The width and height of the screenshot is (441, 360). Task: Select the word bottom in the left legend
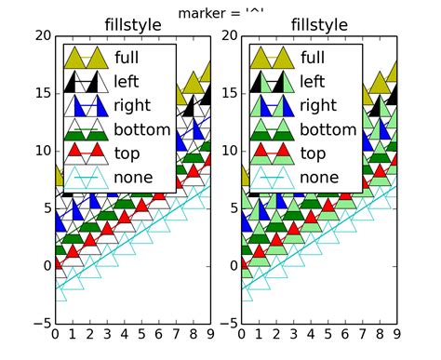tap(142, 129)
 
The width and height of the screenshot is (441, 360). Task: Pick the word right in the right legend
tap(319, 105)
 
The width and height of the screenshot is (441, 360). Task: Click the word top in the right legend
tap(314, 153)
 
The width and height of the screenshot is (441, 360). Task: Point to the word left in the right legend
tap(314, 81)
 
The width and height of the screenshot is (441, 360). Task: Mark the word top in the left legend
tap(127, 153)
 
